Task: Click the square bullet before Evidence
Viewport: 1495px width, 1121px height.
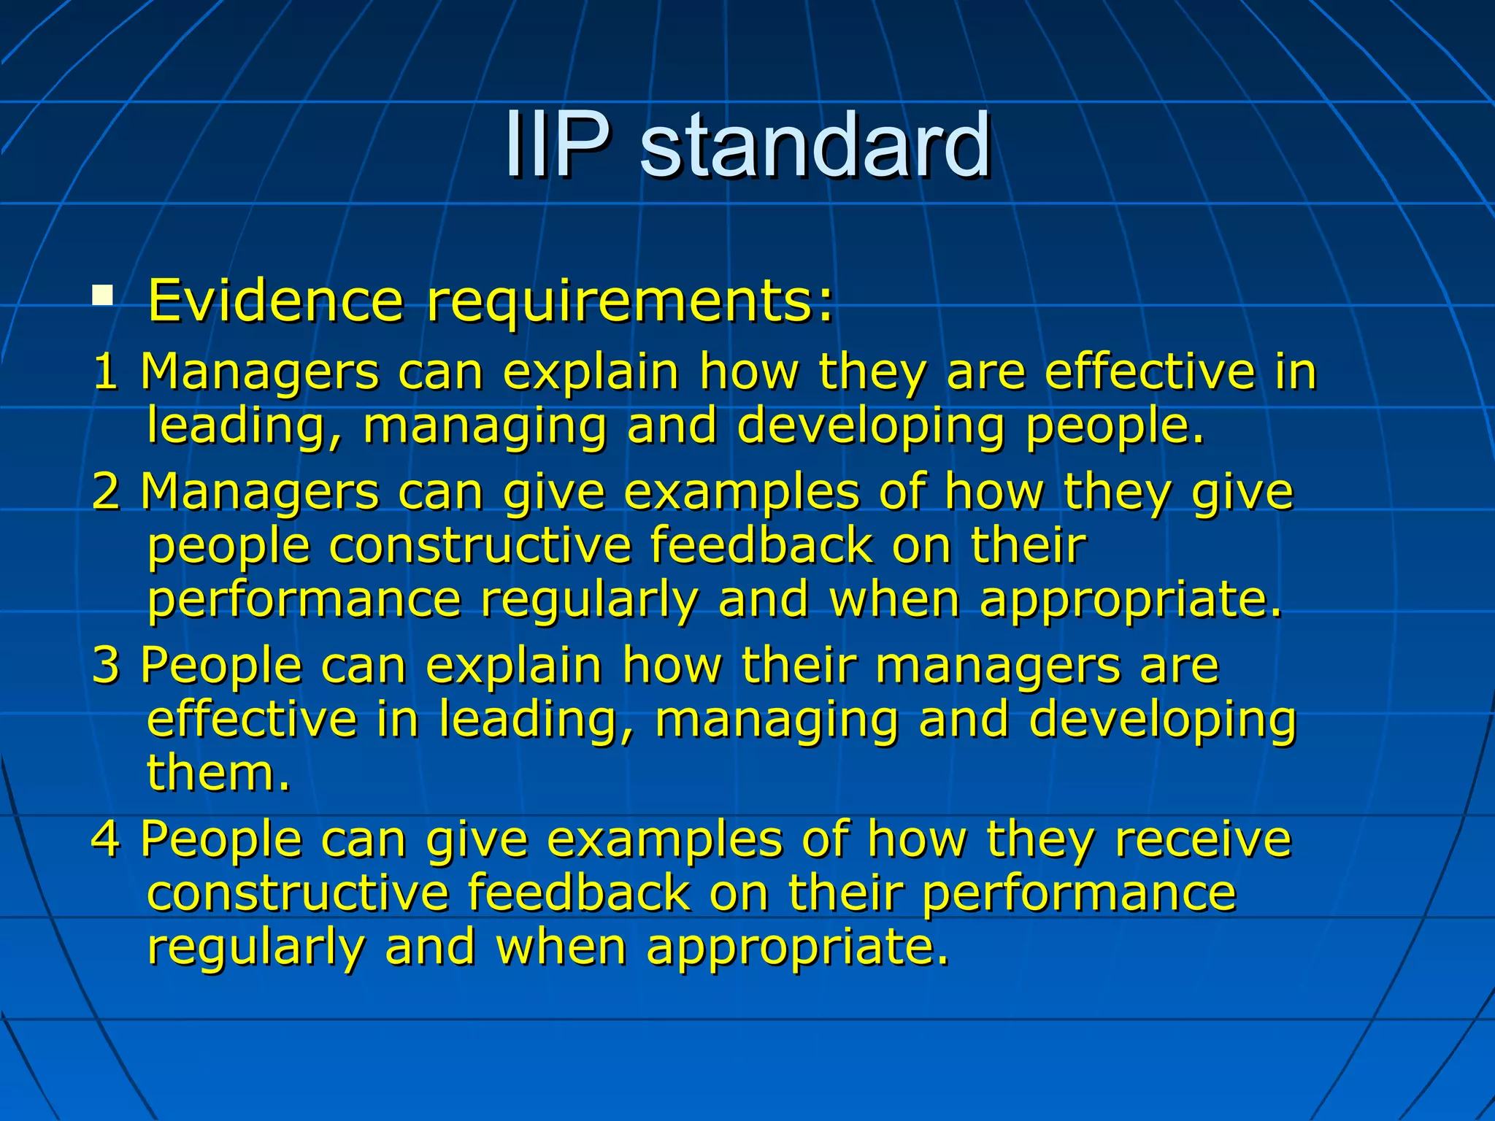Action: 103,296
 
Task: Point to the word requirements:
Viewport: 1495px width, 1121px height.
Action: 629,301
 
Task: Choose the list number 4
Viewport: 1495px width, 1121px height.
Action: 106,839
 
